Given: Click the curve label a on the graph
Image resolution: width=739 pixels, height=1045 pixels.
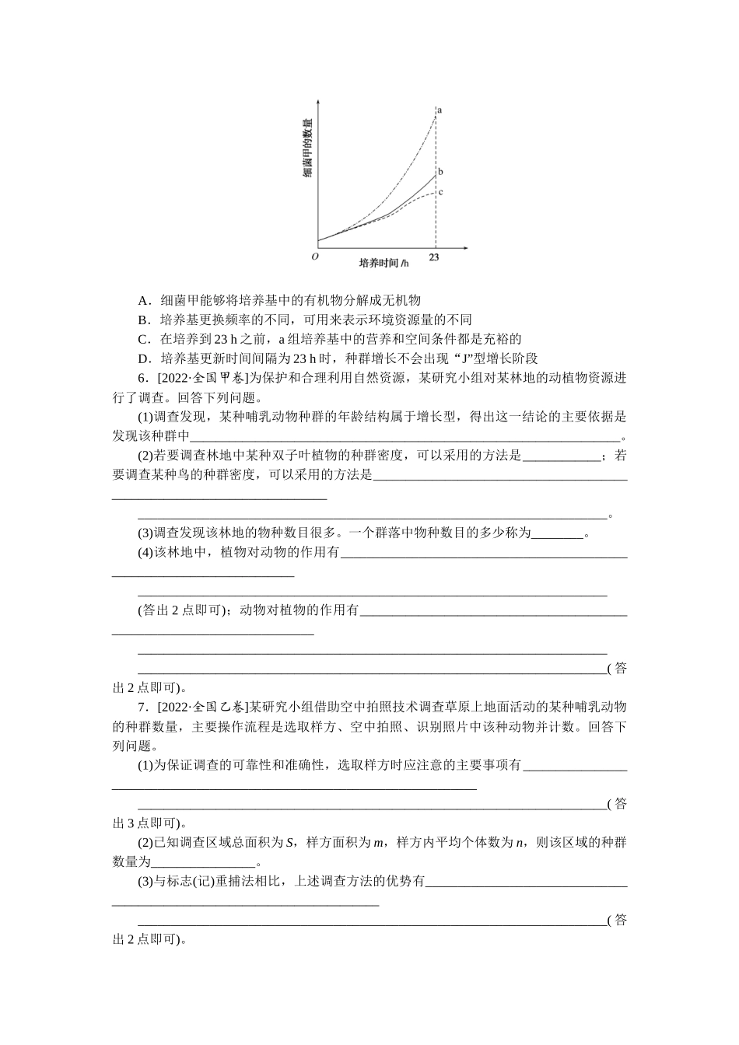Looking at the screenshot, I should [x=440, y=110].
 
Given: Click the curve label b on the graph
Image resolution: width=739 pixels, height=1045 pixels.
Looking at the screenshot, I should [x=440, y=172].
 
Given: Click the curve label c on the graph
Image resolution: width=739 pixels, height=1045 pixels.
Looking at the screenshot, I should [x=440, y=192].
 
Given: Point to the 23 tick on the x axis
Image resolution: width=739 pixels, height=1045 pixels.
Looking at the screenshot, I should [x=434, y=257].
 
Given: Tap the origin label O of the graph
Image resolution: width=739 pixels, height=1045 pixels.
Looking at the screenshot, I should [x=314, y=257].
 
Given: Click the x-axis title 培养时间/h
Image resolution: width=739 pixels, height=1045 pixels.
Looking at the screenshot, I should [x=384, y=263].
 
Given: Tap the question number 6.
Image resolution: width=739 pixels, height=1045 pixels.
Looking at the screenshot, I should [x=142, y=379].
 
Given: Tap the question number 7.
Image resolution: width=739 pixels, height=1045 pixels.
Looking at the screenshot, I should [x=142, y=707].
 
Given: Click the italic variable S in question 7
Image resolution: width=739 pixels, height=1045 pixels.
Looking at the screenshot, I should [x=289, y=843].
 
